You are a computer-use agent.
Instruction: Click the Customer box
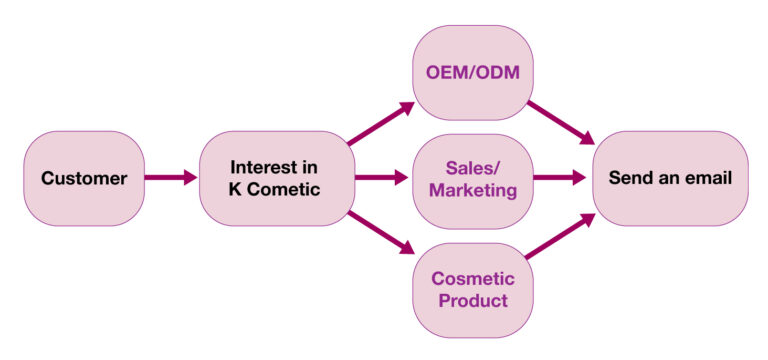(84, 179)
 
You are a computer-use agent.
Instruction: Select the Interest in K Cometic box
(274, 178)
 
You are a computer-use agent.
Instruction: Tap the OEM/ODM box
(472, 73)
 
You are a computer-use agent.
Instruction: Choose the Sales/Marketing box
(472, 179)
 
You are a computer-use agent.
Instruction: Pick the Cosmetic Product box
(472, 289)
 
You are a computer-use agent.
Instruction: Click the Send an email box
(670, 179)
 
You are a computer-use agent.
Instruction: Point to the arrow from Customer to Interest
(171, 179)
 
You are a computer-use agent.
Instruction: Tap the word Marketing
(472, 190)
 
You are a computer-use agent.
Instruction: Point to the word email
(708, 179)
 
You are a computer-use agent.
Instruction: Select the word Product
(472, 300)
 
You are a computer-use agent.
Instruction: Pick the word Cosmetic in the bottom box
(472, 278)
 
